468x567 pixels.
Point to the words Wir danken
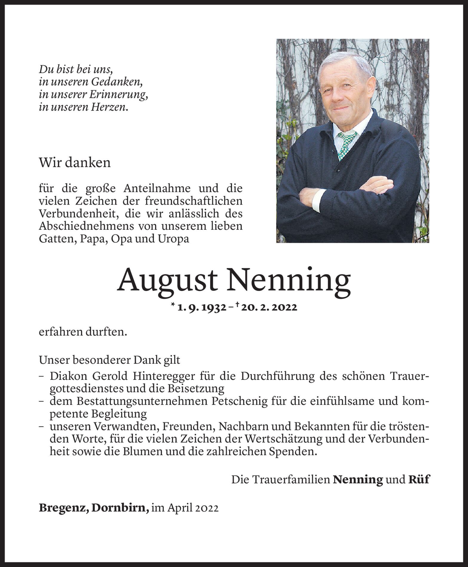[75, 163]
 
